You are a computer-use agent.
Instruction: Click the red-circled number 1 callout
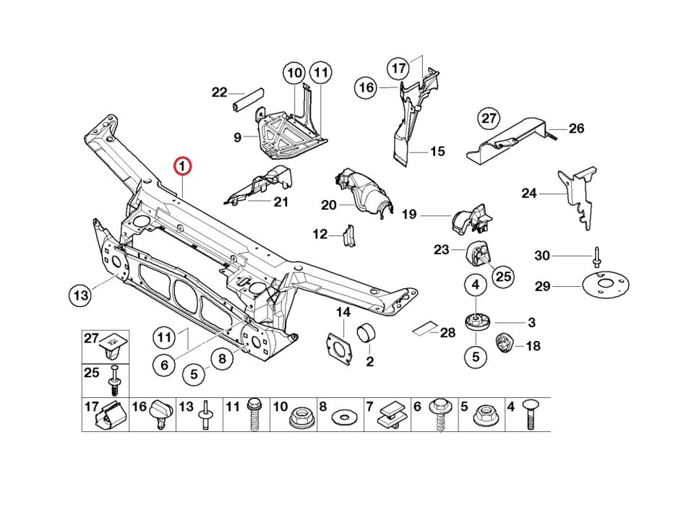pyautogui.click(x=183, y=167)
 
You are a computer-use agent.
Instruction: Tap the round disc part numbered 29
pyautogui.click(x=604, y=285)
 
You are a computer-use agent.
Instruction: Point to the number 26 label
pyautogui.click(x=576, y=129)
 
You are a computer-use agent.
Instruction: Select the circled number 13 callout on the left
pyautogui.click(x=80, y=295)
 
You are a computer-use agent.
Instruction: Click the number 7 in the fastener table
pyautogui.click(x=369, y=407)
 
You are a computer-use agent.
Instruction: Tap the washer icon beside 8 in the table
pyautogui.click(x=343, y=418)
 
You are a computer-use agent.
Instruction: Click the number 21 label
pyautogui.click(x=280, y=202)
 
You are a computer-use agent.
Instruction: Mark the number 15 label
pyautogui.click(x=437, y=152)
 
